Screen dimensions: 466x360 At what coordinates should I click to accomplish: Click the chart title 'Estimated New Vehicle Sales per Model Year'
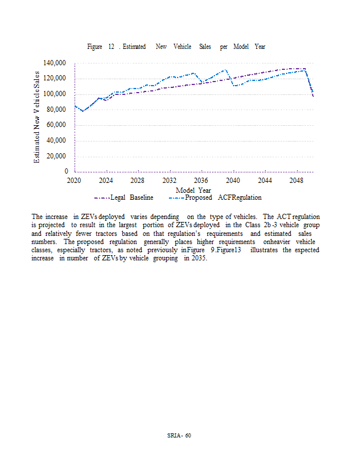click(x=176, y=47)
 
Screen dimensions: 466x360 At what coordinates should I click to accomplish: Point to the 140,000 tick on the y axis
click(x=55, y=63)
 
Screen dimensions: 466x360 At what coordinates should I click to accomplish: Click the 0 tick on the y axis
click(x=67, y=172)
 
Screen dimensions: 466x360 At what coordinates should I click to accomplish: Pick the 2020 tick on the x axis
click(x=74, y=181)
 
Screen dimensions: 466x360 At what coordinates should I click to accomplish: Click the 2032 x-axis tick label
click(x=170, y=181)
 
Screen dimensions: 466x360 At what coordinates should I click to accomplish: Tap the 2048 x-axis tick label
click(x=297, y=181)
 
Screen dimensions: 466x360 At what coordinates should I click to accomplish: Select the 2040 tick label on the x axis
click(x=233, y=181)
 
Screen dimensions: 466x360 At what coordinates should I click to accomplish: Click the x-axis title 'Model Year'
click(x=193, y=190)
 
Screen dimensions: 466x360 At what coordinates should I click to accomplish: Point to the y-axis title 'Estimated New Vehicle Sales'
click(x=37, y=117)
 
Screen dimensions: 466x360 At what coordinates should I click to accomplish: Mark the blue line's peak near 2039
click(x=225, y=70)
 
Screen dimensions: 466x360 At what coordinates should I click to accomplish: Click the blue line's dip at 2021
click(x=82, y=111)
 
